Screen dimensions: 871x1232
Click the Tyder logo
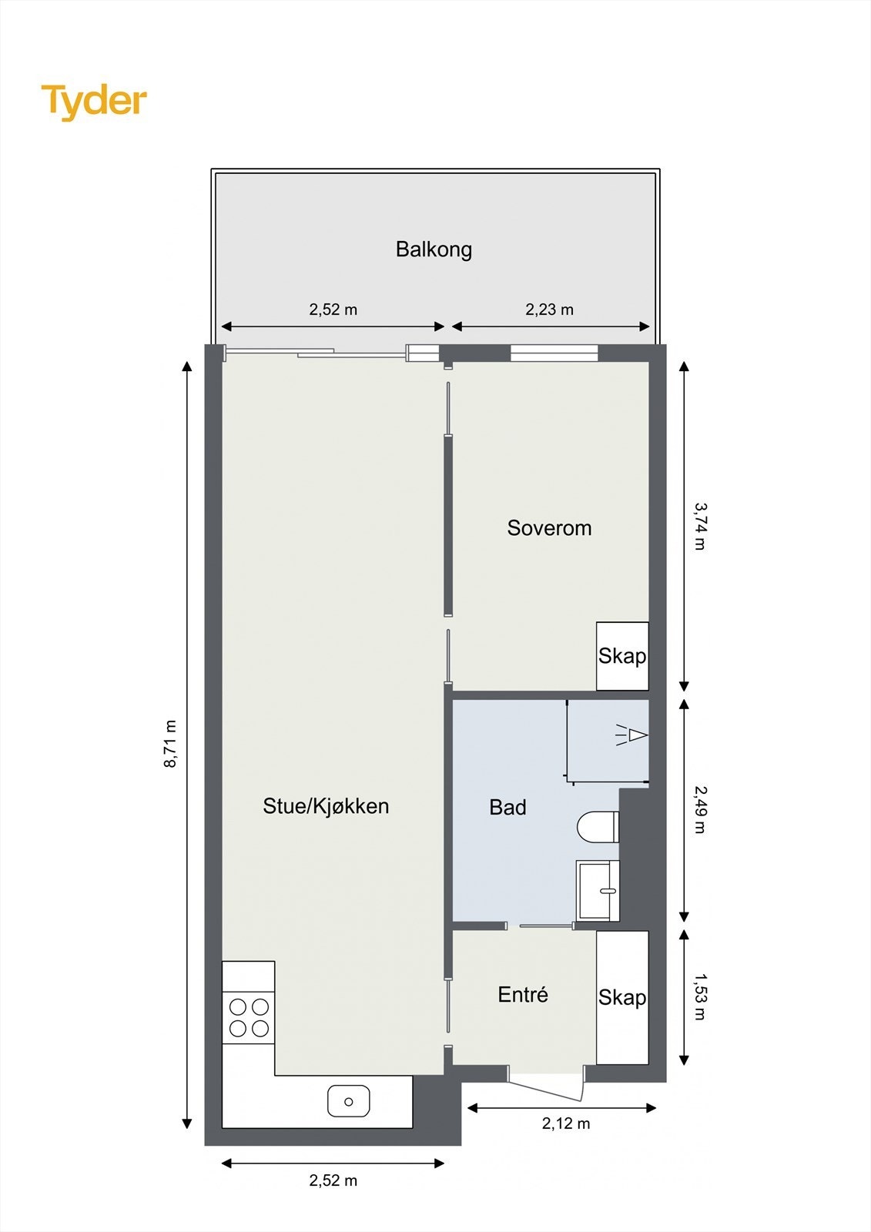pos(94,102)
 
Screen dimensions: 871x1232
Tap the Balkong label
pos(434,249)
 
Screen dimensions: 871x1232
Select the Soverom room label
pos(549,528)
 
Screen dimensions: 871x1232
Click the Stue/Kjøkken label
pos(326,806)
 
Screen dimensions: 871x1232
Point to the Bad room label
pos(508,808)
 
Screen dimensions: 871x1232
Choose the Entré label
pos(523,995)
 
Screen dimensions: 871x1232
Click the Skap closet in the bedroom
pos(622,656)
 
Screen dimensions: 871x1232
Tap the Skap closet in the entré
pos(622,998)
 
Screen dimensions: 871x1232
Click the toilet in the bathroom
pos(598,826)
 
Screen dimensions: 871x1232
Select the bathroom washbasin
pos(598,890)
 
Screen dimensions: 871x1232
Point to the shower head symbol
pos(631,735)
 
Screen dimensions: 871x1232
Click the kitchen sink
pos(348,1101)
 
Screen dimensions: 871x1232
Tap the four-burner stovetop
pos(248,1018)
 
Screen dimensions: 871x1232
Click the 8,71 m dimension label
pos(170,744)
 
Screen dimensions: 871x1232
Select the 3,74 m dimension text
pos(700,526)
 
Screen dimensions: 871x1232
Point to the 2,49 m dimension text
pos(700,809)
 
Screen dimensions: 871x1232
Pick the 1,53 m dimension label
pos(700,996)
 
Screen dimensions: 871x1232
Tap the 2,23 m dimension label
pos(549,310)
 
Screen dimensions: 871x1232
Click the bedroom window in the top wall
pos(554,353)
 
